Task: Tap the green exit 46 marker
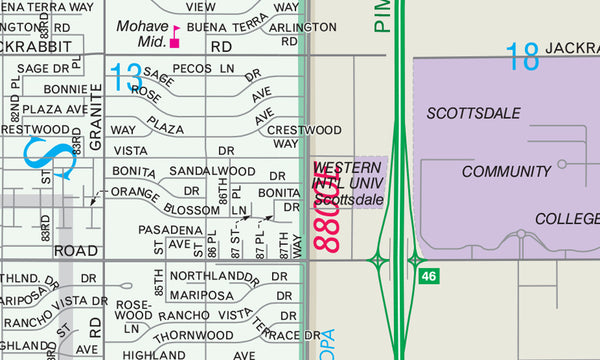tap(428, 275)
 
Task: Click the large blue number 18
tap(523, 57)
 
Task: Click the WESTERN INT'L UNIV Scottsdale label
tap(347, 182)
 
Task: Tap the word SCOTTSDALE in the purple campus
tap(473, 113)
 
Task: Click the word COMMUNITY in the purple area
tap(506, 172)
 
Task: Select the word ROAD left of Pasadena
tap(76, 250)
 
